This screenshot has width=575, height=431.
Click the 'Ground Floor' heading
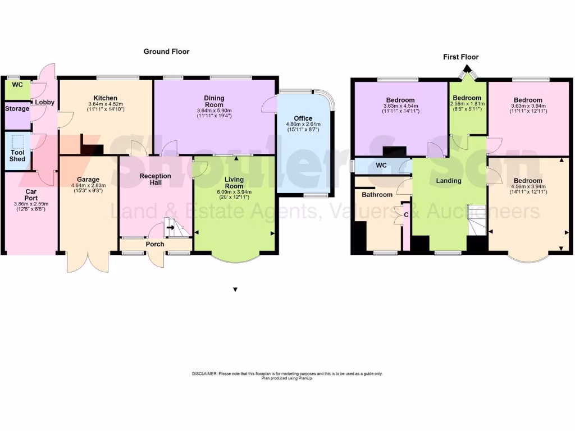coord(166,52)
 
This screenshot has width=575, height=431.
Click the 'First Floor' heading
coord(460,57)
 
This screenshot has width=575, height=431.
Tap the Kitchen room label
coord(106,98)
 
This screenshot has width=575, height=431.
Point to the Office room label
coord(303,118)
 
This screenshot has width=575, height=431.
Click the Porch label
coord(155,244)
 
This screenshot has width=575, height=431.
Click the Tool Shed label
coord(17,155)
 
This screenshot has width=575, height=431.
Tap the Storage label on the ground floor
coord(17,108)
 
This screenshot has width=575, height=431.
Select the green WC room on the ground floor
coord(17,88)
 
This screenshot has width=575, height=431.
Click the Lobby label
coord(44,103)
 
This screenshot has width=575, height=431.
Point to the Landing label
coord(449,181)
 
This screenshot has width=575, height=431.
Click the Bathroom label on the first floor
coord(377,195)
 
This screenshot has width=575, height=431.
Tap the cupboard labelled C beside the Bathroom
coord(406,214)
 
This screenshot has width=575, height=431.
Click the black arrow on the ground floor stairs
coord(170,228)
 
